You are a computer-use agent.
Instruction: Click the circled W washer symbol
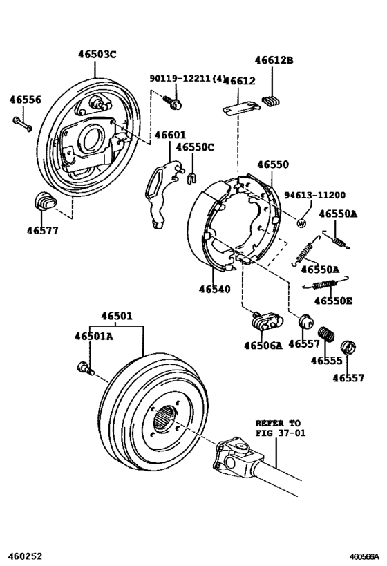(301, 222)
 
